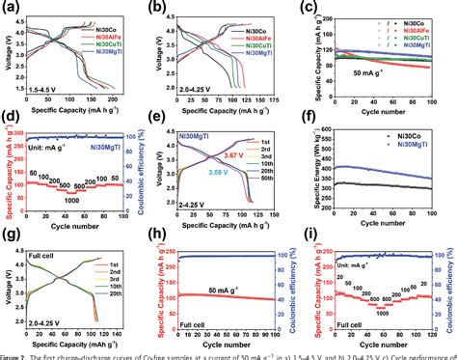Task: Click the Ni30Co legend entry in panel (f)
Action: [420, 139]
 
